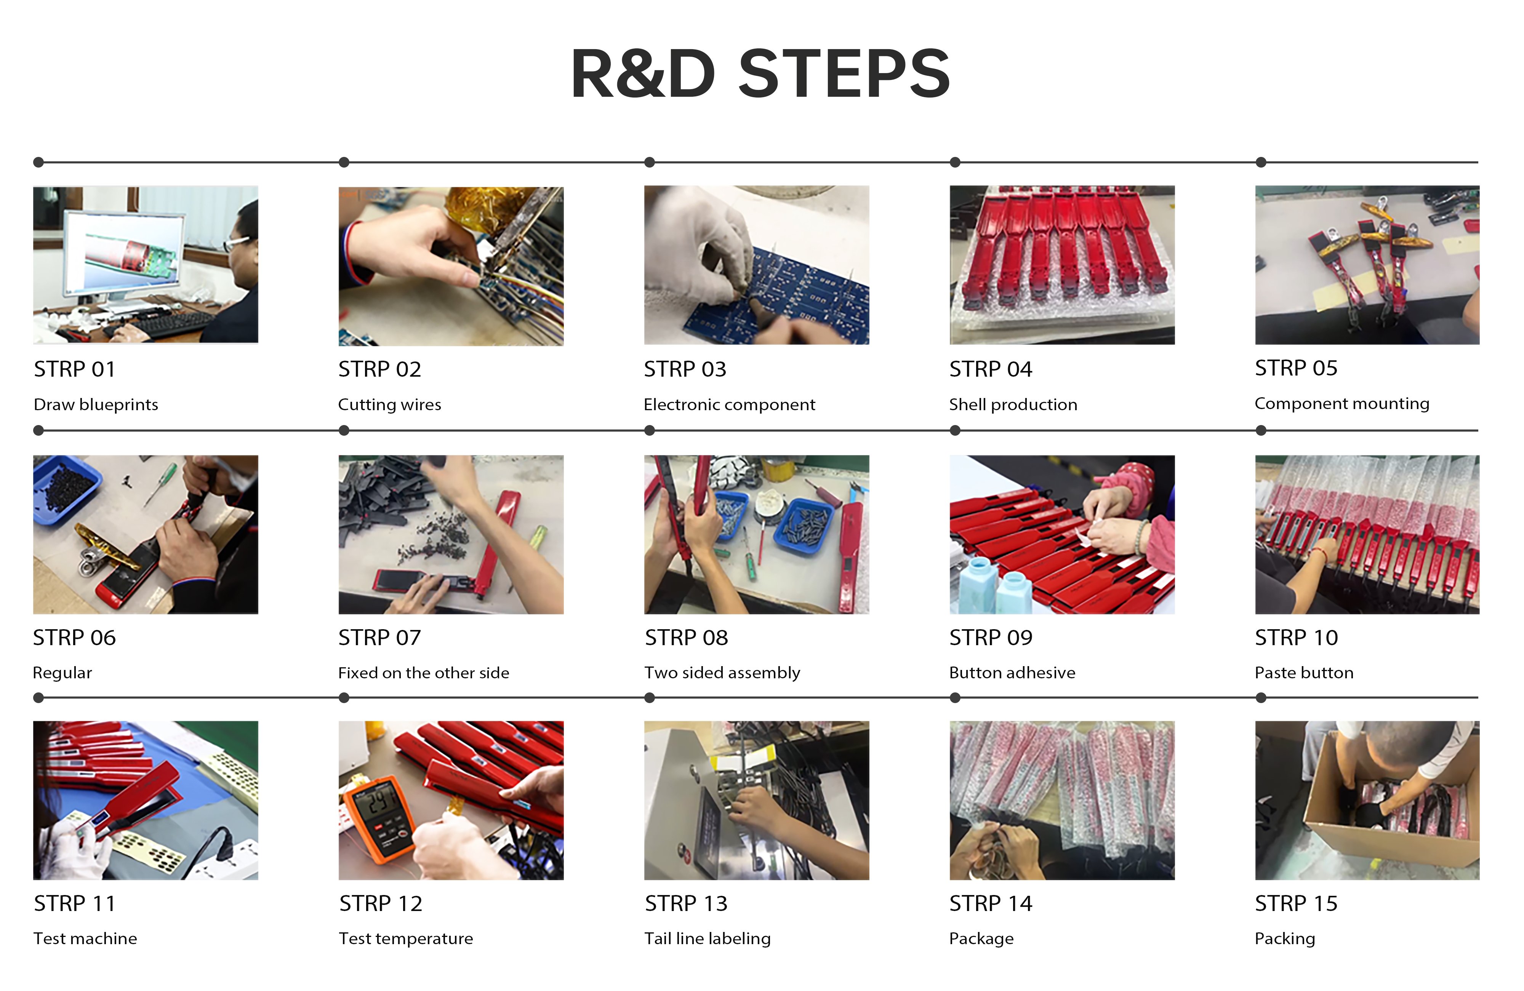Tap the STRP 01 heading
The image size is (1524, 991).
point(74,369)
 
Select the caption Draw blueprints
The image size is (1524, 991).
point(95,404)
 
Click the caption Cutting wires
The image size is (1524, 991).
point(389,404)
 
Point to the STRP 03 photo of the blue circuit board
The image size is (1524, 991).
point(756,265)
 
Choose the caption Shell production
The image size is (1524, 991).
point(1013,404)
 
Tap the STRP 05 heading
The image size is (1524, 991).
point(1296,368)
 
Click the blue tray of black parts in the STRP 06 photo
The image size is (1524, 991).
point(66,489)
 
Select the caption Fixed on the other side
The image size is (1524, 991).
point(423,673)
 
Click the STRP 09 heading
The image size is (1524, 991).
point(991,638)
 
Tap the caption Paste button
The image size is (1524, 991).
point(1304,673)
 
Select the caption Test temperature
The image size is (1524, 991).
point(405,938)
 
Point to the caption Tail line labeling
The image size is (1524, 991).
point(707,938)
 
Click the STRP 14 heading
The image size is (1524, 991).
point(991,903)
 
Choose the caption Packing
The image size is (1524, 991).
point(1284,938)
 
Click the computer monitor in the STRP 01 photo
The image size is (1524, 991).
point(123,253)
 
